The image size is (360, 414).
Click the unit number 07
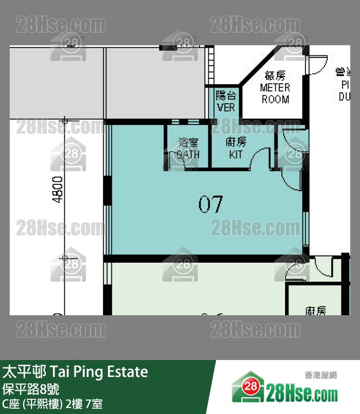(210, 204)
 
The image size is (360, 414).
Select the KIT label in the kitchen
(236, 155)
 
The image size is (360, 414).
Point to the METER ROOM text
(275, 93)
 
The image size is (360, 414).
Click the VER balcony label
(226, 107)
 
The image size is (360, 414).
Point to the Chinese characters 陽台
(226, 95)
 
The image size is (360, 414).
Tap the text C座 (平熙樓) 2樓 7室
(52, 403)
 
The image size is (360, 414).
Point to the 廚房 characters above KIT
(236, 143)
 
